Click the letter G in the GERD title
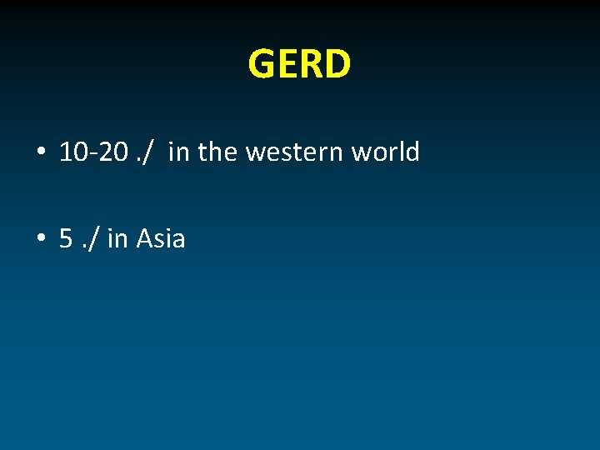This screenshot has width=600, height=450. tap(262, 64)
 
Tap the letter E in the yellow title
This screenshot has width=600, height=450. tap(287, 64)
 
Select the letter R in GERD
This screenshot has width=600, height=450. tap(310, 64)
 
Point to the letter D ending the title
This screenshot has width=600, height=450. tap(336, 64)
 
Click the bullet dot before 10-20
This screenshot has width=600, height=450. tap(40, 153)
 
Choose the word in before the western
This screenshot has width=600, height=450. tap(178, 152)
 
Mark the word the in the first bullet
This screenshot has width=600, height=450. tap(218, 152)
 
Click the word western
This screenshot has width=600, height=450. tap(294, 153)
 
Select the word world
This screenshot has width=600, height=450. tap(385, 152)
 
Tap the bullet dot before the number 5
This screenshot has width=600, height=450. tap(40, 240)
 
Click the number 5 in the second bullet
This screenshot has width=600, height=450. tap(66, 239)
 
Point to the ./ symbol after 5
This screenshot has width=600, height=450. tap(90, 240)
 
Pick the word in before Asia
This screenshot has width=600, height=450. tap(117, 239)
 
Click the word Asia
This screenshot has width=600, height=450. tap(160, 239)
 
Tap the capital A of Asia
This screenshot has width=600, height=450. tap(144, 239)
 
